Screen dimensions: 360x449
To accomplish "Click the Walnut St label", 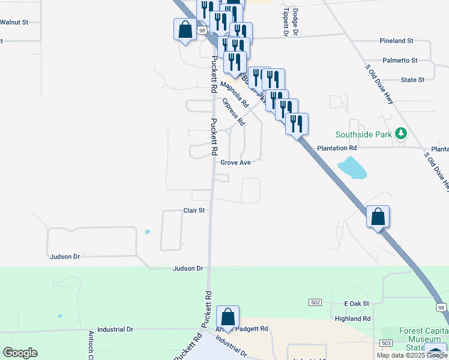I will pyautogui.click(x=14, y=22).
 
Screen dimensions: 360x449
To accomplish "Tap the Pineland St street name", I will pyautogui.click(x=396, y=41).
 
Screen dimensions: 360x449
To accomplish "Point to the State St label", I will pyautogui.click(x=412, y=79).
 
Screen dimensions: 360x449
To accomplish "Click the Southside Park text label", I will pyautogui.click(x=363, y=134).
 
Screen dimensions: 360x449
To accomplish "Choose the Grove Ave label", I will pyautogui.click(x=235, y=163).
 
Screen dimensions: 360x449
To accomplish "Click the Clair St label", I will pyautogui.click(x=194, y=211).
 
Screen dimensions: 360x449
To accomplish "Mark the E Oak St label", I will pyautogui.click(x=357, y=304).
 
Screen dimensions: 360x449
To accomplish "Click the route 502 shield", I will pyautogui.click(x=315, y=303).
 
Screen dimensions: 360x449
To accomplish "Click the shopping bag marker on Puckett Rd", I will pyautogui.click(x=228, y=317).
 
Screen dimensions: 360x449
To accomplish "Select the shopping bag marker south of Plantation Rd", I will pyautogui.click(x=378, y=217).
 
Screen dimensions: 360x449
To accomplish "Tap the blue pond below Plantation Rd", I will pyautogui.click(x=352, y=168).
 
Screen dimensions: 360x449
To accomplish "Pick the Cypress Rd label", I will pyautogui.click(x=234, y=112).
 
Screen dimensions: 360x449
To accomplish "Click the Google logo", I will pyautogui.click(x=20, y=353).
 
